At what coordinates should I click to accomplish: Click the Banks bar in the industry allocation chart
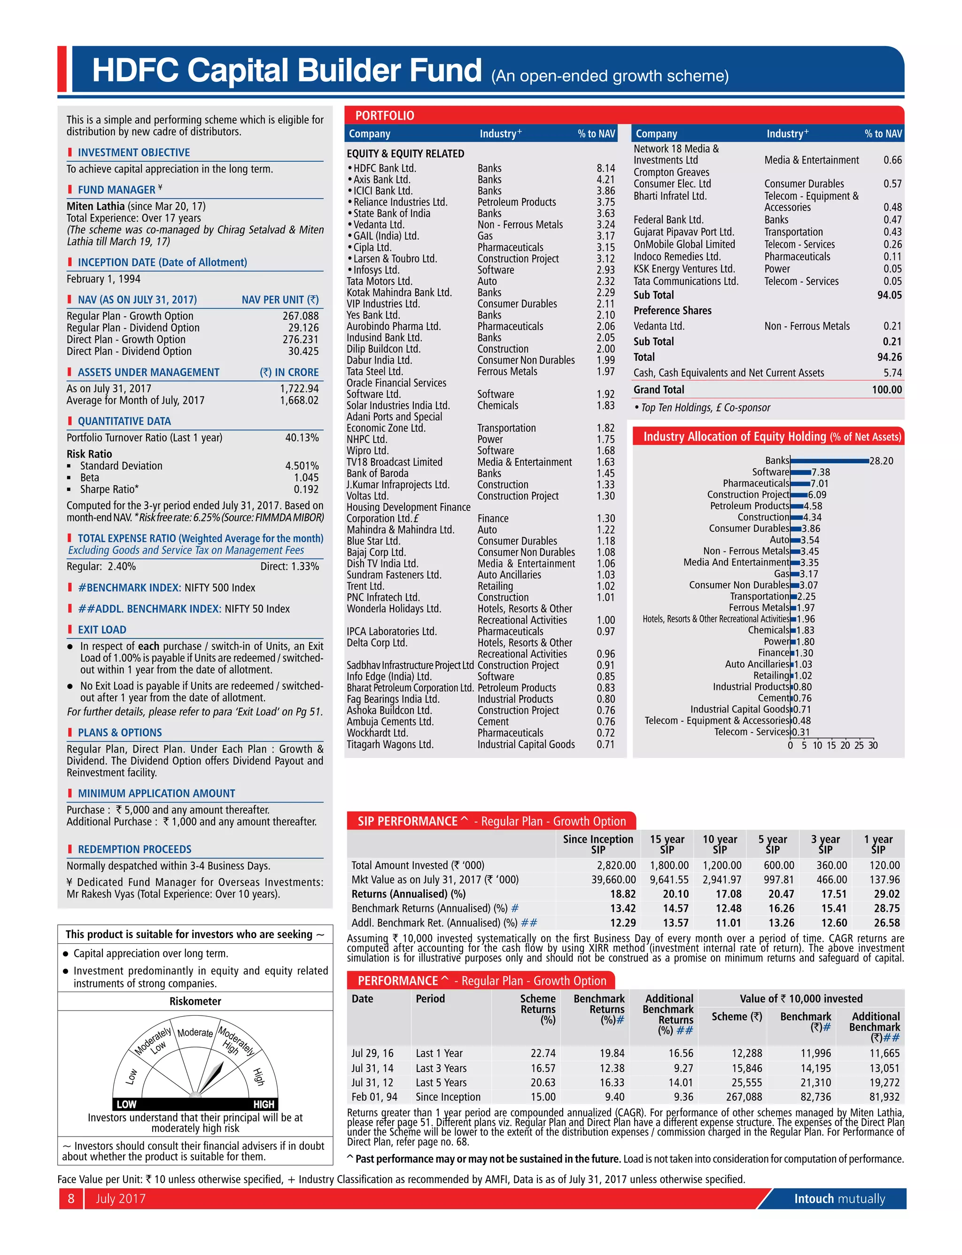point(829,461)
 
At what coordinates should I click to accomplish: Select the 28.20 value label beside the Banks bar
point(881,461)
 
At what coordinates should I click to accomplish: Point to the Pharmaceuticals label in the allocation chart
point(755,483)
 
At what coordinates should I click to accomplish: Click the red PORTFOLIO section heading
point(384,115)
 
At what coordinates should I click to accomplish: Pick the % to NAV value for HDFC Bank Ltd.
point(605,168)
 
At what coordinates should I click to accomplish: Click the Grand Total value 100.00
point(886,390)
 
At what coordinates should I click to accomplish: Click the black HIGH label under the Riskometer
point(264,1104)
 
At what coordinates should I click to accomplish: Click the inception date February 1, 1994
point(103,279)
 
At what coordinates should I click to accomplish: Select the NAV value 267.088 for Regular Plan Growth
point(301,316)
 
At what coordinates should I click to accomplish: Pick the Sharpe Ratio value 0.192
point(306,489)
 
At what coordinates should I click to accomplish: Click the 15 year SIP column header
point(667,844)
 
